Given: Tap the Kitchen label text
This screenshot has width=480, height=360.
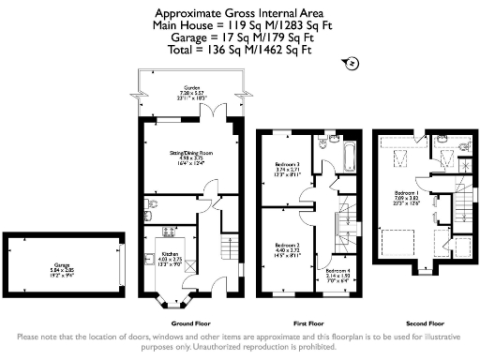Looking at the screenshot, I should [170, 253].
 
